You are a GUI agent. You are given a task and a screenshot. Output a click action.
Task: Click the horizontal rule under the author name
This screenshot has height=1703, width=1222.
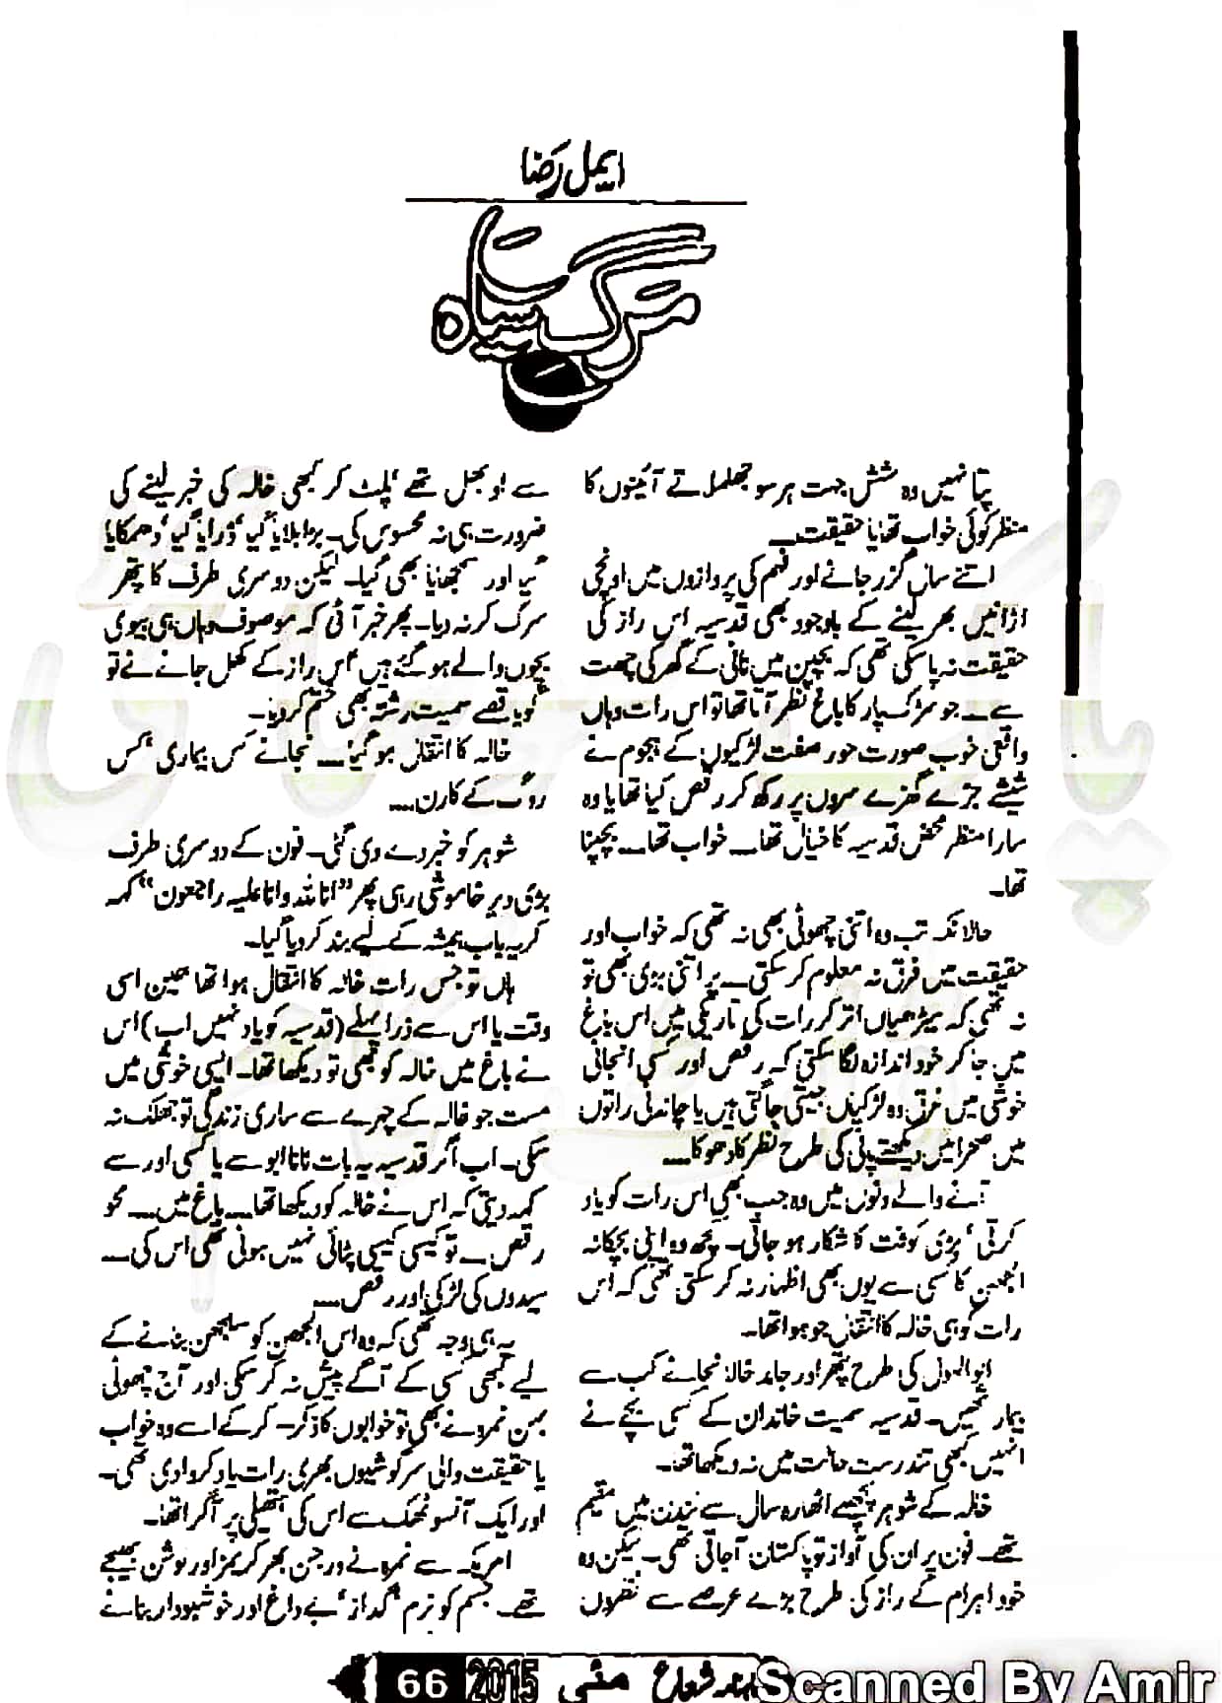pyautogui.click(x=577, y=202)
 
